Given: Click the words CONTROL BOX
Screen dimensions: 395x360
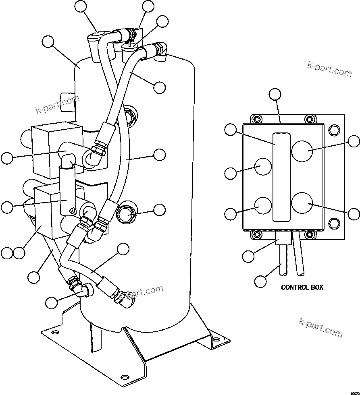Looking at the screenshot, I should point(302,287).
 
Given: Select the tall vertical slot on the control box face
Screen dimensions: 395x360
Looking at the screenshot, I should point(281,177).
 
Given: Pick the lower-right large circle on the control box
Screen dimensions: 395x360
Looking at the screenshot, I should point(302,202).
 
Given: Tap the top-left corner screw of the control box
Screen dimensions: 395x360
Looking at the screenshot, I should point(255,119).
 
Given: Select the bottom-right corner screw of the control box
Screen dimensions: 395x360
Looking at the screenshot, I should point(309,234).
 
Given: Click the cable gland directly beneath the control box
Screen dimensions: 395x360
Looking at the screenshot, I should point(283,239).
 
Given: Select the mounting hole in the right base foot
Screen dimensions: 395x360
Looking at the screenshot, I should point(217,340).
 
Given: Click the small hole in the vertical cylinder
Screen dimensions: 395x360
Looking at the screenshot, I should point(72,210).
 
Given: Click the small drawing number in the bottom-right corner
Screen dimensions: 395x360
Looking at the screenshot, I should point(354,392).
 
